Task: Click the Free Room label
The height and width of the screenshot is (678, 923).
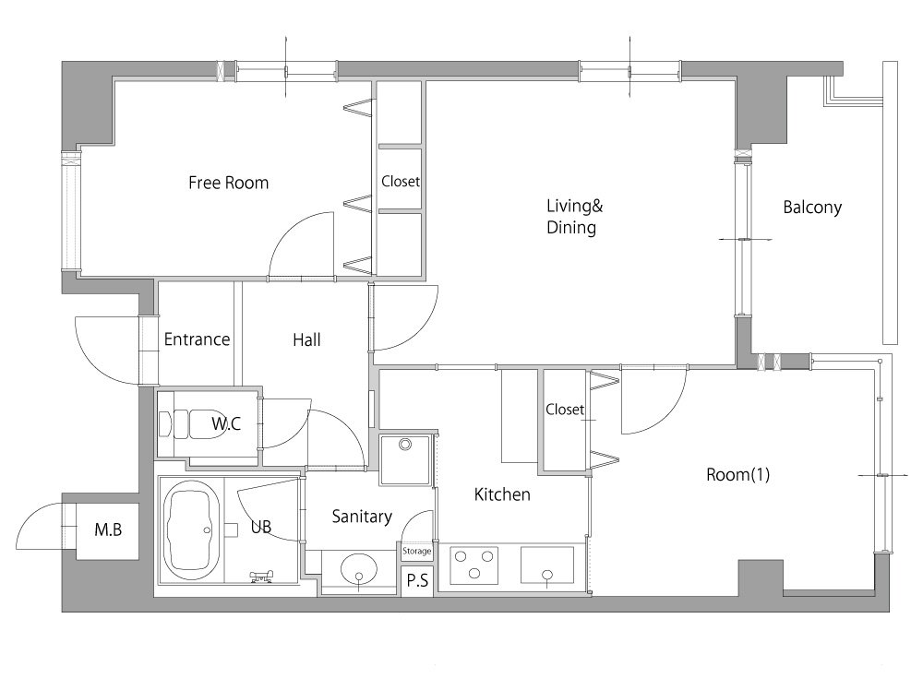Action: [228, 183]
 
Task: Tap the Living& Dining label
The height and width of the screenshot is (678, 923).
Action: [574, 217]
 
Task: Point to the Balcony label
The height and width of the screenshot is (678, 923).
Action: [812, 208]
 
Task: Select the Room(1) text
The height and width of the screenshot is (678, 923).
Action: [738, 474]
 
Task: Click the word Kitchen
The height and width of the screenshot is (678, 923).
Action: [502, 494]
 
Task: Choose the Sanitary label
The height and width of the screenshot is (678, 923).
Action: [362, 517]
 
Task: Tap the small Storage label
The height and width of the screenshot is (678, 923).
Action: [417, 552]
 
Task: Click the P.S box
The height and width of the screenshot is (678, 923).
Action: [417, 581]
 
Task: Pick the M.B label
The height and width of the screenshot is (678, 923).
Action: [108, 529]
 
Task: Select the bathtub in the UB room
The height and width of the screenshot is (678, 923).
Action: [192, 530]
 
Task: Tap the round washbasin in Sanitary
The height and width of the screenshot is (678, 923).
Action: [358, 570]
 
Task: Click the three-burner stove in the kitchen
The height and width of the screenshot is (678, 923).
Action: [474, 565]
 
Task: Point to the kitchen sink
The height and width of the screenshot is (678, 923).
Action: [547, 565]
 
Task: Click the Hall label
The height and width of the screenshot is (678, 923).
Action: [306, 339]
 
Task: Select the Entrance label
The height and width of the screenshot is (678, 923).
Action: [197, 339]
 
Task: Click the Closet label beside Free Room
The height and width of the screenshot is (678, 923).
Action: [401, 182]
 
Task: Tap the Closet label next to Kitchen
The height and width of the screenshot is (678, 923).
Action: [565, 409]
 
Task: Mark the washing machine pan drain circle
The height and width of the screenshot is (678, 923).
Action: [405, 445]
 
